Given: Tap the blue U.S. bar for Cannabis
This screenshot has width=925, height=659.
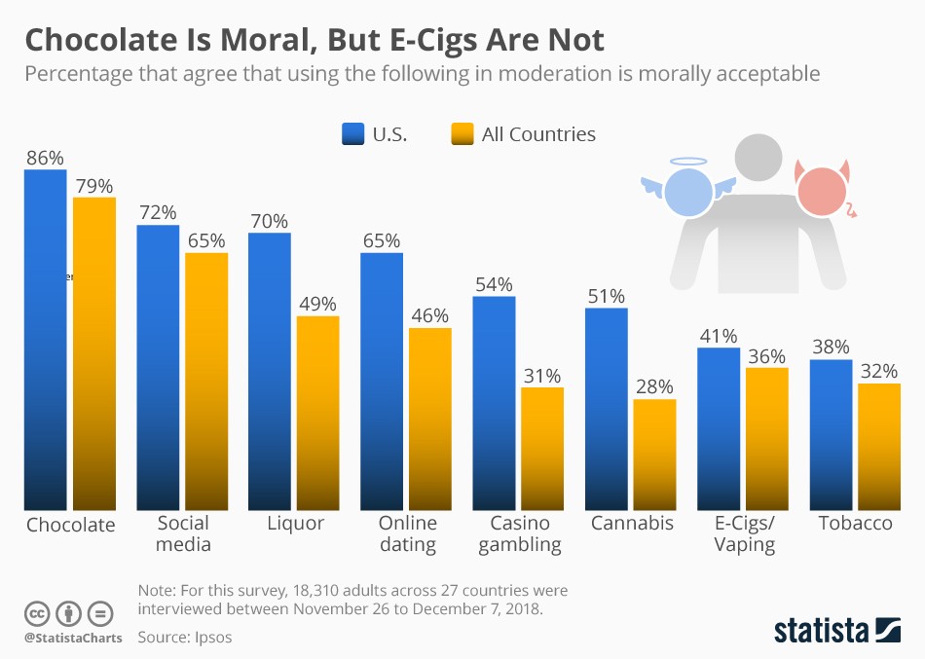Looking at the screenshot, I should pos(606,408).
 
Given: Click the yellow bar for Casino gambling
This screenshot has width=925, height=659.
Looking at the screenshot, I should pos(542,448).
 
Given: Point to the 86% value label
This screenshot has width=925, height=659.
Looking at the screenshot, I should pos(45,158).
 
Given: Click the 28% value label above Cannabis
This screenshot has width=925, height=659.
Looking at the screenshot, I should pos(654,387).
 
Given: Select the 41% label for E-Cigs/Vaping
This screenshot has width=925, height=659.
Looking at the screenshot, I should pos(719,336).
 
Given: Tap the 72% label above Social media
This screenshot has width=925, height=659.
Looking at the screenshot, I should pos(157,212).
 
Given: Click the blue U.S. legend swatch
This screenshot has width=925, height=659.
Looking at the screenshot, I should pos(352,134).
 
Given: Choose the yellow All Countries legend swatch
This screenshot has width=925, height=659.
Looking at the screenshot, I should pos(462,134).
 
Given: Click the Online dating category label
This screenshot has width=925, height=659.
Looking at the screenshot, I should pos(408,533).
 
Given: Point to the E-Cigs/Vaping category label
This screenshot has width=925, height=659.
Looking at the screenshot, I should pos(744,533).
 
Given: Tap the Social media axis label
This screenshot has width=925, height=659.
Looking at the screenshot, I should pos(183,533).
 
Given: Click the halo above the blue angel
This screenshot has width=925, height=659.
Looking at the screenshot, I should pos(688,162).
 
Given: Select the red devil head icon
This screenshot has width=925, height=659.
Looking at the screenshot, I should pos(822,191).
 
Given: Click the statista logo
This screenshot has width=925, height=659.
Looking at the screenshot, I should pos(836,630).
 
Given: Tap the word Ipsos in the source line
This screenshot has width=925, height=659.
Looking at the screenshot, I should pos(211,638).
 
